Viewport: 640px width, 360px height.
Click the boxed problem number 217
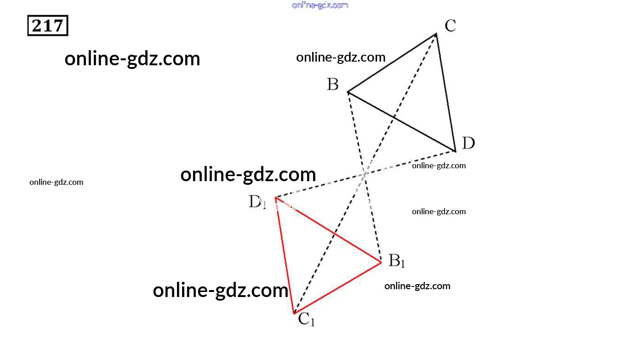(x=48, y=26)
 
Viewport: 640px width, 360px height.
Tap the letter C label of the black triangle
(x=450, y=26)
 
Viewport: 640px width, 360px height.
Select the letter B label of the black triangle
(x=333, y=85)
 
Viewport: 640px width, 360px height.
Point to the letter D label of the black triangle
(x=468, y=143)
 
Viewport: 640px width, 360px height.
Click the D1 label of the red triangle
(x=257, y=202)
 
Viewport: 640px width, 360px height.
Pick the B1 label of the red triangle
(x=396, y=261)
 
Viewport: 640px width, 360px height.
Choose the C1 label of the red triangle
(x=306, y=319)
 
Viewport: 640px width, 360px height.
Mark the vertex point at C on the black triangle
(x=436, y=34)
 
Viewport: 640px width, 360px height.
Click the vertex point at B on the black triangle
(x=348, y=92)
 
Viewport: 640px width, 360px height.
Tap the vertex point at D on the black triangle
(x=455, y=150)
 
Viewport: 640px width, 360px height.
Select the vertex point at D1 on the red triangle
(x=275, y=198)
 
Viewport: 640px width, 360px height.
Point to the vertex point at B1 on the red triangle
(x=381, y=263)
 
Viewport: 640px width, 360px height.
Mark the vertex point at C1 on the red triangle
(x=294, y=313)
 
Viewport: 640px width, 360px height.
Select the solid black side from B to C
(x=392, y=63)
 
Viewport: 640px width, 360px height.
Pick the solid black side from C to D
(x=446, y=92)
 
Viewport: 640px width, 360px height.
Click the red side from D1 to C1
(x=285, y=255)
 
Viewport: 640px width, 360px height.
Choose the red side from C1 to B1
(x=338, y=288)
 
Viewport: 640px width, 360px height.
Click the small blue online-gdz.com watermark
(x=320, y=5)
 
